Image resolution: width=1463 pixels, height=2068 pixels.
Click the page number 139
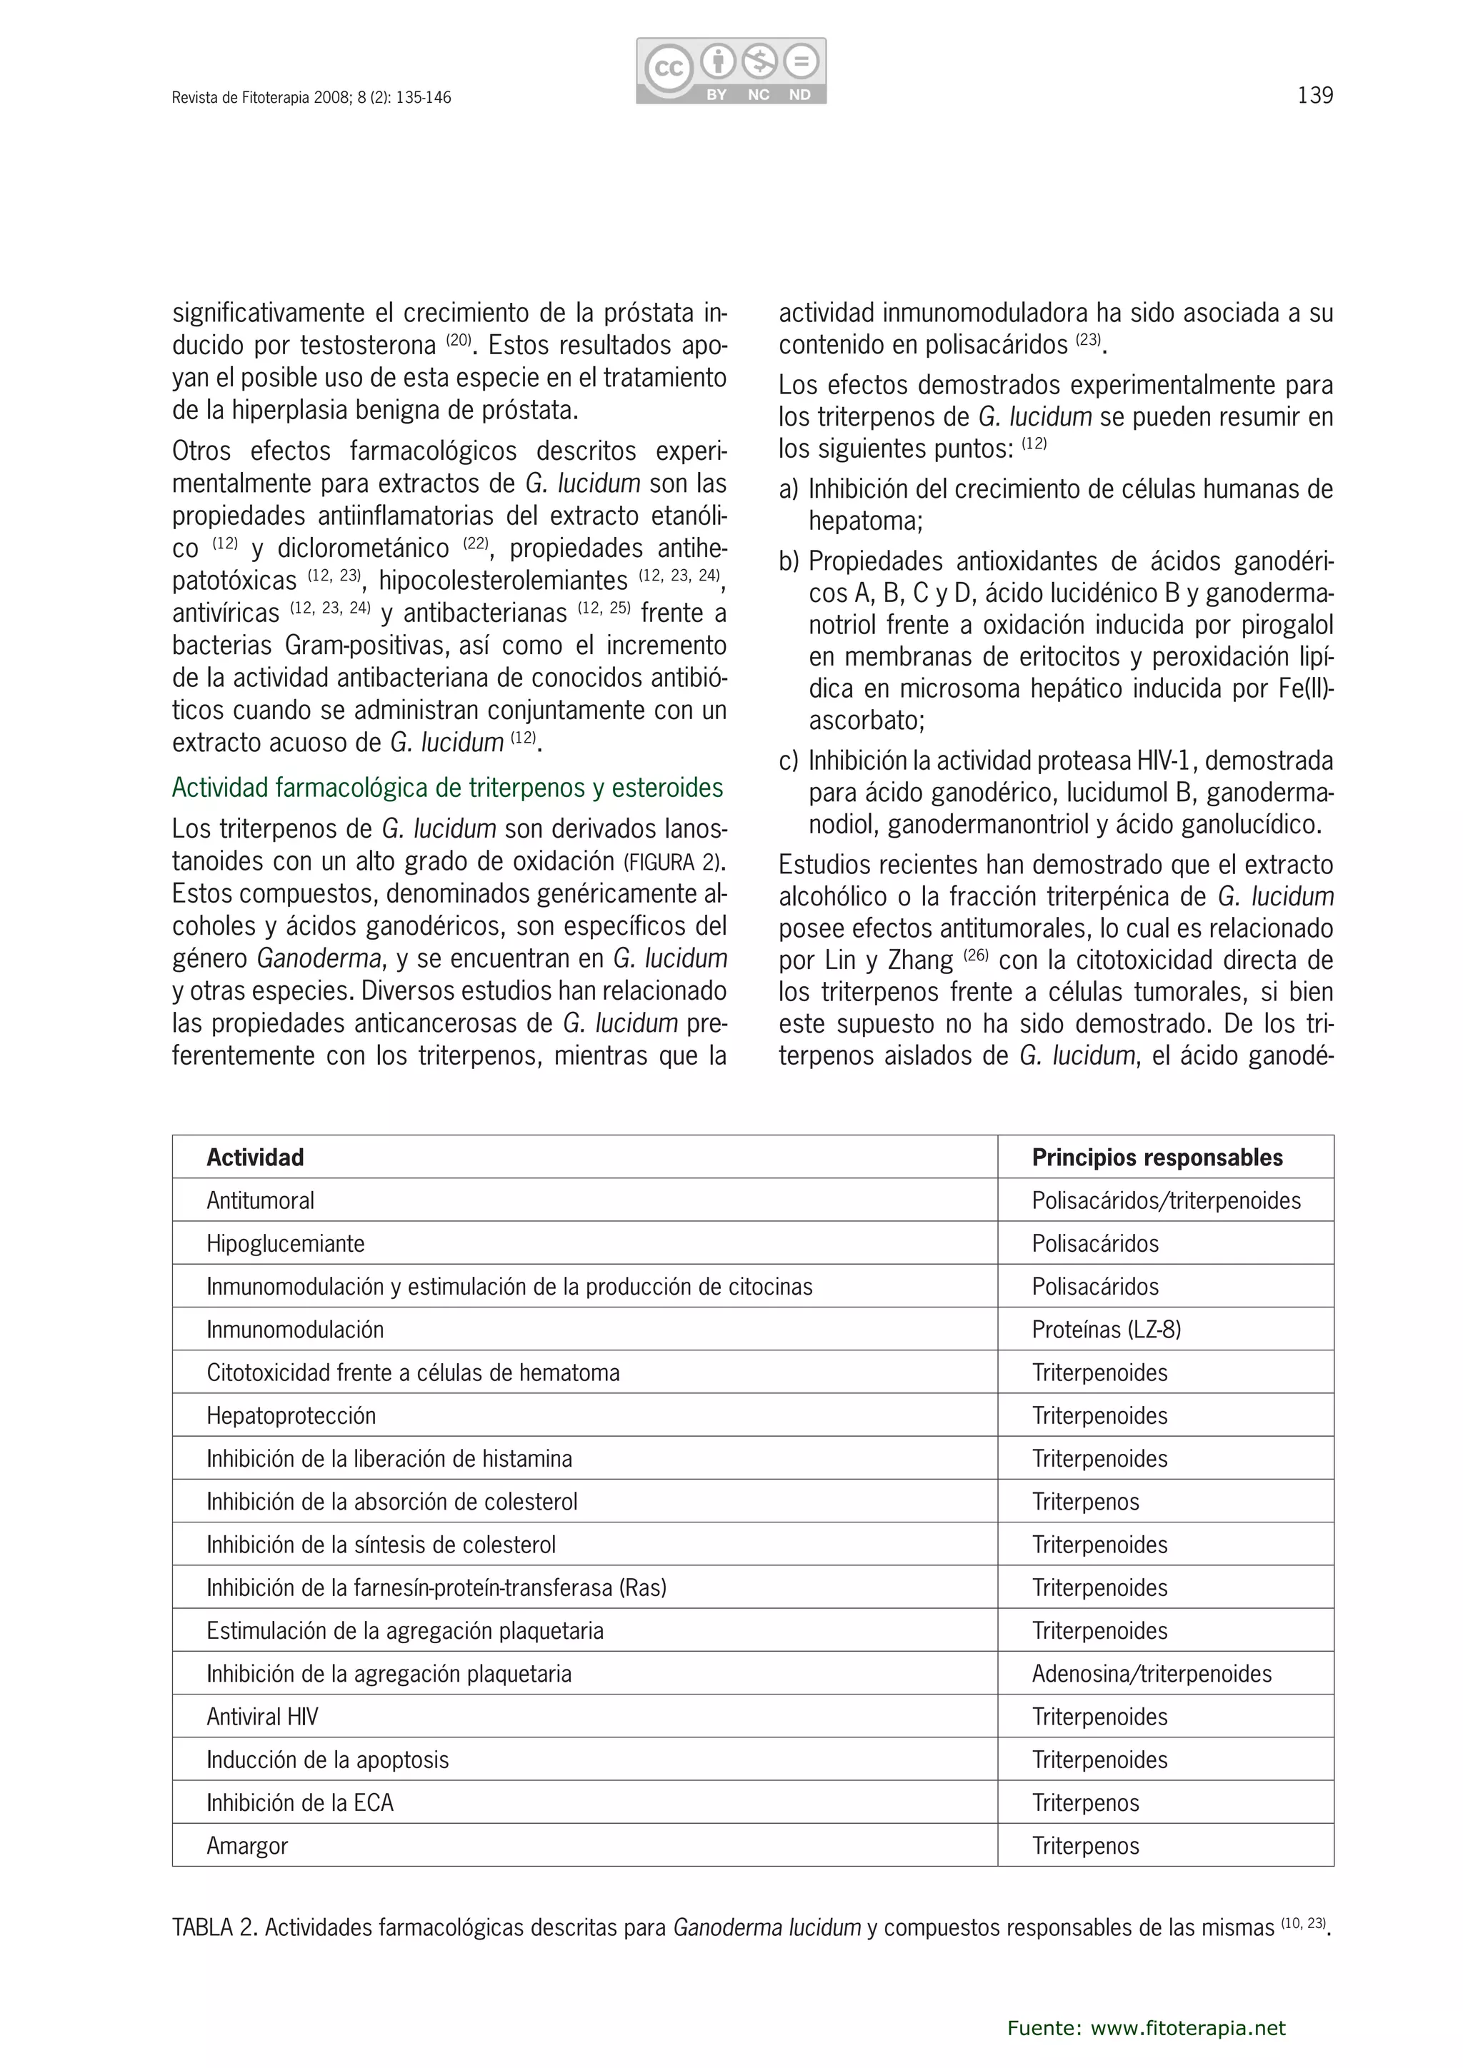[x=1314, y=96]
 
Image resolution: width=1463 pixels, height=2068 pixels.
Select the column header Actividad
[x=255, y=1158]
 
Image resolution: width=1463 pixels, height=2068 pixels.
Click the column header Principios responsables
[x=1157, y=1158]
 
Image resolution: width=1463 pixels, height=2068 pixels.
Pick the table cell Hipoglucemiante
[x=286, y=1244]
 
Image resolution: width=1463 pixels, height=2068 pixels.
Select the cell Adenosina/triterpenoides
[x=1152, y=1674]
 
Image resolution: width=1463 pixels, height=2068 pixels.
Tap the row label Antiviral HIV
[x=262, y=1717]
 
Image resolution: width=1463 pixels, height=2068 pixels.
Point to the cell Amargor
[x=247, y=1845]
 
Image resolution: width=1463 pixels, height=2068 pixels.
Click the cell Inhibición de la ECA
[x=300, y=1802]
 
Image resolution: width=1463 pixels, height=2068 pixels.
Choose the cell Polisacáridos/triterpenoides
[x=1166, y=1200]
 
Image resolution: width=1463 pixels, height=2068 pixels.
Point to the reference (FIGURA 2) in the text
[x=672, y=862]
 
